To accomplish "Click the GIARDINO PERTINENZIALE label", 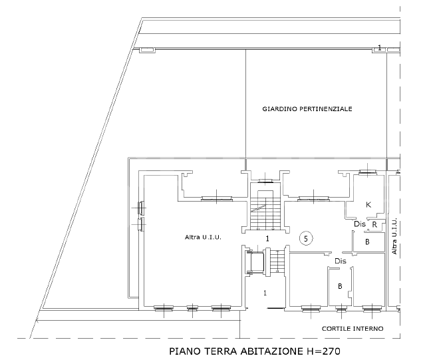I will [307, 108].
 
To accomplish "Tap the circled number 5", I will [306, 238].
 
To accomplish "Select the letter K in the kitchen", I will [368, 205].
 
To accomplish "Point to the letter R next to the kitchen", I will [375, 225].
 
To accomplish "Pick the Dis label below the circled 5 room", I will [341, 262].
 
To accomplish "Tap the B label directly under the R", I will [366, 242].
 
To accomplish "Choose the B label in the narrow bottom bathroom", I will [341, 287].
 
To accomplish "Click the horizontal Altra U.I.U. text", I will [203, 237].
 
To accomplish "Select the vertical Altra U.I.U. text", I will [394, 236].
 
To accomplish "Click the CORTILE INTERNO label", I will [352, 329].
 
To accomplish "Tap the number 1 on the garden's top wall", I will [379, 47].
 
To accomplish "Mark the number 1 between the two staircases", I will [267, 238].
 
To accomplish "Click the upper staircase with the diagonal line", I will [265, 212].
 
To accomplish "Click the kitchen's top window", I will [366, 172].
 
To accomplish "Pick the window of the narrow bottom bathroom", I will [341, 308].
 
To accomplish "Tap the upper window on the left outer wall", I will [140, 208].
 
